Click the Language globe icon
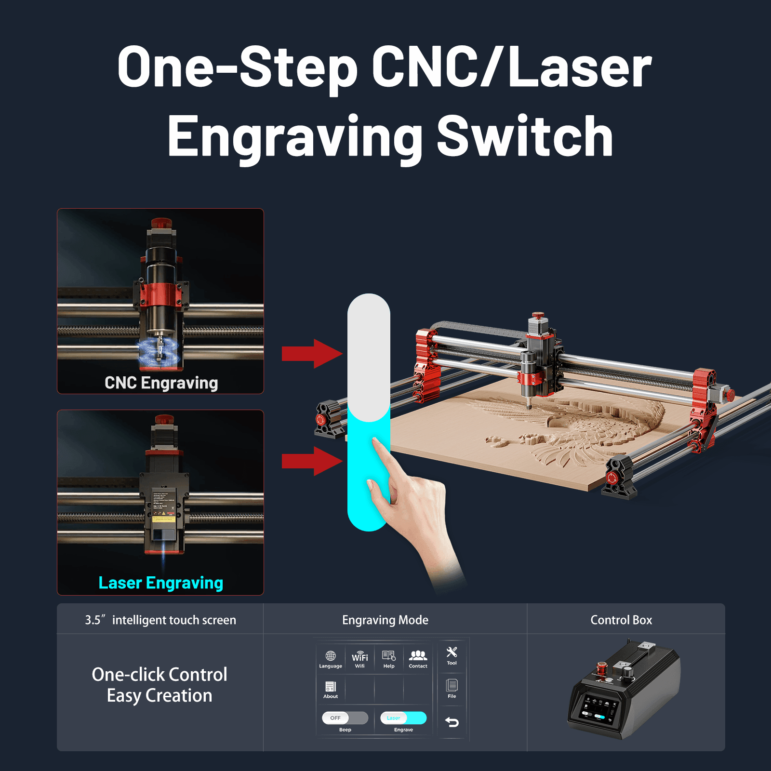pyautogui.click(x=331, y=656)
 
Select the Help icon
pyautogui.click(x=389, y=656)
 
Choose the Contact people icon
pyautogui.click(x=418, y=655)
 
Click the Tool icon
pyautogui.click(x=452, y=652)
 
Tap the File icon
pyautogui.click(x=452, y=685)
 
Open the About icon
pyautogui.click(x=331, y=687)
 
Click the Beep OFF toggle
pyautogui.click(x=345, y=718)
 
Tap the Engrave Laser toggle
pyautogui.click(x=403, y=718)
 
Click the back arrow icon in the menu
pyautogui.click(x=452, y=722)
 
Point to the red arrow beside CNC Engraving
pyautogui.click(x=312, y=354)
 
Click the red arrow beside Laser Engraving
pyautogui.click(x=312, y=461)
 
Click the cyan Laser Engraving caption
pyautogui.click(x=160, y=583)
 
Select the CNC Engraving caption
pyautogui.click(x=161, y=383)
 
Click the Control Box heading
pyautogui.click(x=621, y=620)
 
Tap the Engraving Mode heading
pyautogui.click(x=385, y=620)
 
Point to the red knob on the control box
pyautogui.click(x=602, y=668)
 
